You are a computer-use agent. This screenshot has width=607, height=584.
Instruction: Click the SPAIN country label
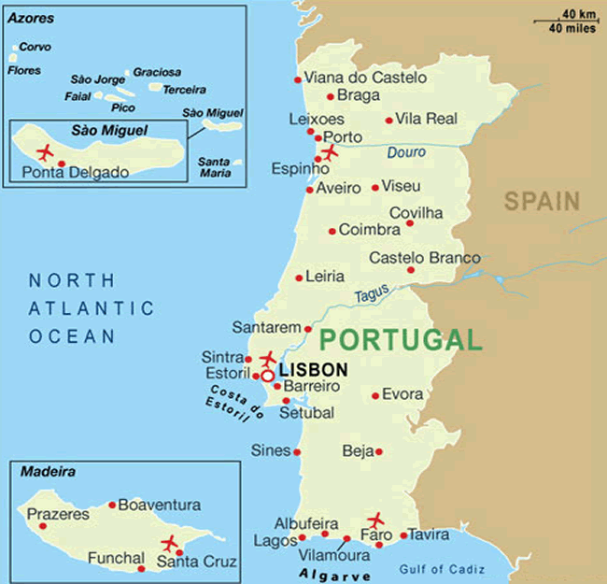point(542,200)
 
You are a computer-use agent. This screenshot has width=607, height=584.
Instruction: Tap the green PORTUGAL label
point(400,340)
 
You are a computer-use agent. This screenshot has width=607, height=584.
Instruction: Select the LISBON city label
point(313,370)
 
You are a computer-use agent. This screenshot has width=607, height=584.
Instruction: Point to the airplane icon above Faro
point(376,520)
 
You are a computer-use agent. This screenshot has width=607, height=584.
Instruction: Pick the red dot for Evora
point(375,395)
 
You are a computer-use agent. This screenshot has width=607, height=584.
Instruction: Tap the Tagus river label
point(372,294)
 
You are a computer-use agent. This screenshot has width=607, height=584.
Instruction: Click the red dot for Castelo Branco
point(411,270)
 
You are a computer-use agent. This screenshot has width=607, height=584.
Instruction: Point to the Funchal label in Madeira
point(115,559)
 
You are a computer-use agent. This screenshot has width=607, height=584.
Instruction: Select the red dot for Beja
point(378,452)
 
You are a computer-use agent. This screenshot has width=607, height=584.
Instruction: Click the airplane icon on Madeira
point(169,543)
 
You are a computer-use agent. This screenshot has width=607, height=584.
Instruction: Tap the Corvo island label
point(35,47)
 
